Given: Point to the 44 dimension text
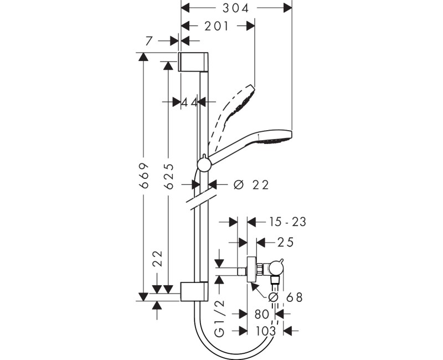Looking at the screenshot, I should coord(190,102).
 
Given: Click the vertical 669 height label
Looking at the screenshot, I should coord(145,177).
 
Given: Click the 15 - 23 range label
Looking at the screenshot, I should coord(287,222).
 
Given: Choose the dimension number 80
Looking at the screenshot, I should coord(261,314).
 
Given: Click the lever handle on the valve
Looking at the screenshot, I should coord(281,261).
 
